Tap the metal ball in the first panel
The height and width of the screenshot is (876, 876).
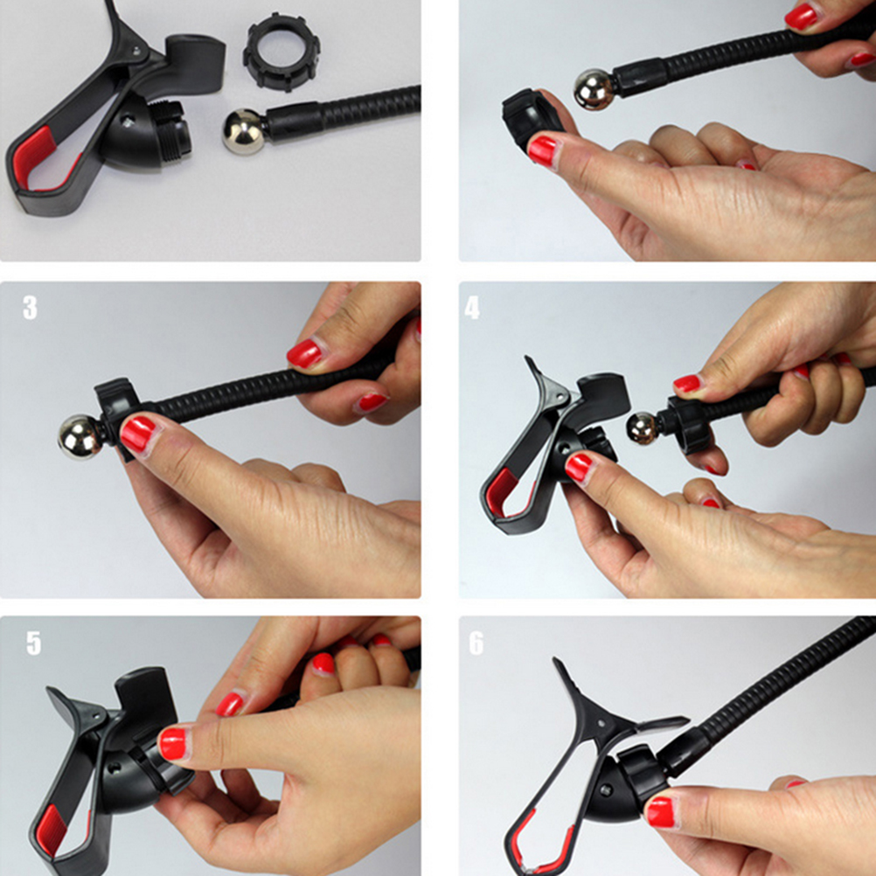point(244,131)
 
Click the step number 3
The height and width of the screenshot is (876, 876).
point(30,307)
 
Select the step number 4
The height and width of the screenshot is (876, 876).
point(472,307)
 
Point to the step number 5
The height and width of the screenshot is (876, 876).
point(33,643)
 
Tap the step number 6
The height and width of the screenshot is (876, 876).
point(476,643)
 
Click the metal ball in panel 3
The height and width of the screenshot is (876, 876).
point(80,437)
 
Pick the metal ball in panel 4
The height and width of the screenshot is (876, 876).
point(643,428)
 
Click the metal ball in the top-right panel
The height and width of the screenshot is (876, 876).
point(594,89)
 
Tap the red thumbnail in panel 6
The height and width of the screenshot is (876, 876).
point(661,812)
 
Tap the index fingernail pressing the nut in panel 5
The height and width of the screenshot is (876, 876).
point(172,744)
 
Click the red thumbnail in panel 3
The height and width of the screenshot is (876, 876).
point(138,435)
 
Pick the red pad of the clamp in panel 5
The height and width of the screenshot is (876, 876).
point(51,830)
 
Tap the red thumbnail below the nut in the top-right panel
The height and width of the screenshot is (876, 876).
point(542,151)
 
